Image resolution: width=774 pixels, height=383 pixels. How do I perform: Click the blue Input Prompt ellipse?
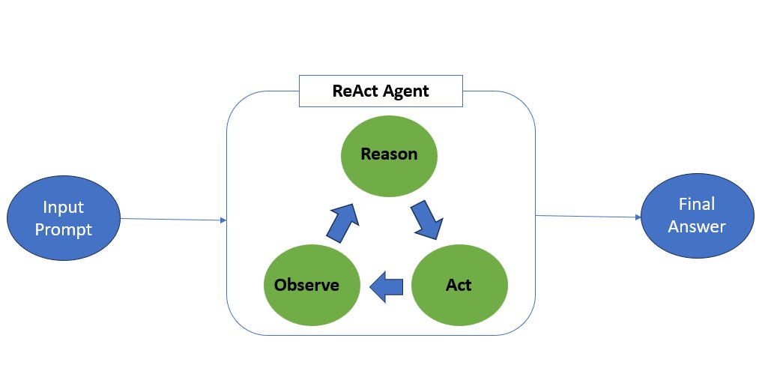(64, 218)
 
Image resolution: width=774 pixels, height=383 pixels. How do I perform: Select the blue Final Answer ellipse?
(697, 215)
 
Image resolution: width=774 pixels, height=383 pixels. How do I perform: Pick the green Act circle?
(459, 285)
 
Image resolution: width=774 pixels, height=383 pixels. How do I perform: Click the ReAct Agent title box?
(381, 91)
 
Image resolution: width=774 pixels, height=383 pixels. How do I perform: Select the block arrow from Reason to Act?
(426, 219)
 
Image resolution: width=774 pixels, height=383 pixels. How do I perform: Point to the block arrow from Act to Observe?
(387, 286)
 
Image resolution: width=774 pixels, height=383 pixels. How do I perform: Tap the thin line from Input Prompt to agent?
(172, 220)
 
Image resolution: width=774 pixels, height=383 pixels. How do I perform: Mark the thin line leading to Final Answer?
(588, 217)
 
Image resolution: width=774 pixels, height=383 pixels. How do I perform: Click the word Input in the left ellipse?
(63, 208)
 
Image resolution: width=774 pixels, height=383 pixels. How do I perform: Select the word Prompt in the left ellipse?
(63, 229)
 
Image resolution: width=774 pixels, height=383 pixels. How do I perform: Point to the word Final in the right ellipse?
(697, 204)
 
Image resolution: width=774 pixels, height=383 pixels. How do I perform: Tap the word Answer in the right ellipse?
(697, 226)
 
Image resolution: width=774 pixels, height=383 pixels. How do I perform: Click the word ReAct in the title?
(356, 91)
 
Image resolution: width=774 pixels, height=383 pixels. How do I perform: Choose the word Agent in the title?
(406, 91)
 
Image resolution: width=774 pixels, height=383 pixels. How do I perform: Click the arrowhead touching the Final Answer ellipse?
(638, 217)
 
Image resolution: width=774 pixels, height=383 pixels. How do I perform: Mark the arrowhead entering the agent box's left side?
(223, 220)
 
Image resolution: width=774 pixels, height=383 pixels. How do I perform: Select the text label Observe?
(306, 285)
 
